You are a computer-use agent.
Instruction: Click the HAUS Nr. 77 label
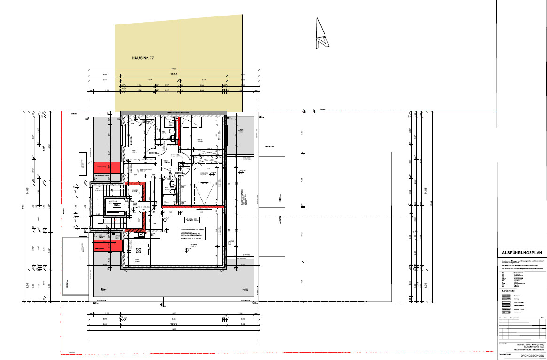pyautogui.click(x=143, y=58)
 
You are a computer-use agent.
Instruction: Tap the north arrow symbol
pyautogui.click(x=322, y=32)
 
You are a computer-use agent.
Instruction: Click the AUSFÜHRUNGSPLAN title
pyautogui.click(x=522, y=253)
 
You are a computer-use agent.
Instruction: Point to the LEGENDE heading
pyautogui.click(x=508, y=291)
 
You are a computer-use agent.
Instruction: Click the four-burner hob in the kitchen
pyautogui.click(x=139, y=249)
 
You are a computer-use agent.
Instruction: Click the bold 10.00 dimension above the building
pyautogui.click(x=174, y=75)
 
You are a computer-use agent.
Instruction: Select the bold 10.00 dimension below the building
pyautogui.click(x=174, y=324)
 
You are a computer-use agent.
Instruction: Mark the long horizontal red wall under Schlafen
pyautogui.click(x=193, y=206)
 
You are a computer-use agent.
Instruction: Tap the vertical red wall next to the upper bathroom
pyautogui.click(x=179, y=130)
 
